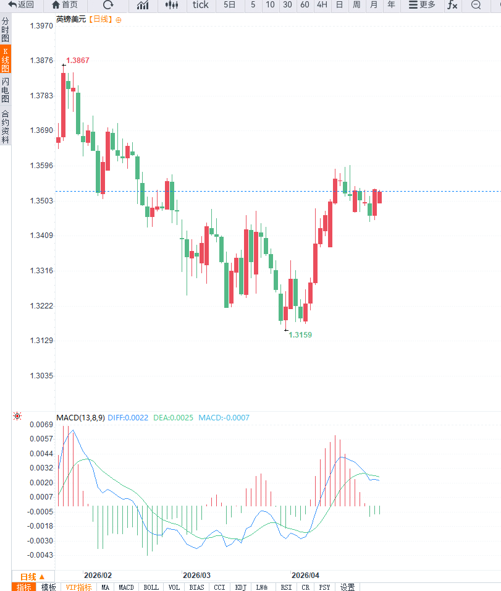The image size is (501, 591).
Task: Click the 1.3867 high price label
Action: [78, 61]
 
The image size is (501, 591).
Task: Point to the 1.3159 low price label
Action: [300, 334]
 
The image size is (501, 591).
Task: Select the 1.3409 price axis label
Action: [41, 236]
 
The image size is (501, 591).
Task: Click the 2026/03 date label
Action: [197, 575]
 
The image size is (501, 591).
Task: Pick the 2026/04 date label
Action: [306, 575]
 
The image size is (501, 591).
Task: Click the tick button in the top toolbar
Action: [201, 5]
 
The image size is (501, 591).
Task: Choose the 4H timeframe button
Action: [322, 5]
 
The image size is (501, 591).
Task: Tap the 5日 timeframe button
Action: [229, 5]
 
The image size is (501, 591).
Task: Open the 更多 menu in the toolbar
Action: [422, 5]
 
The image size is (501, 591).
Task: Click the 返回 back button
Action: [21, 5]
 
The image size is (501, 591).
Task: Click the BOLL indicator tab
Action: [151, 587]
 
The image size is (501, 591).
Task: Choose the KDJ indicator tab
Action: [241, 587]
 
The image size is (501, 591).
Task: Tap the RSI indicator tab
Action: [286, 587]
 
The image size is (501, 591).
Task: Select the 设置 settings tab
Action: [348, 587]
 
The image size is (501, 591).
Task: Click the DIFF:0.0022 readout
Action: [128, 418]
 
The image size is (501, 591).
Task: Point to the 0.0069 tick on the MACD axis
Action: [41, 425]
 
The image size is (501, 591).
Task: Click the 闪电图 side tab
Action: [6, 90]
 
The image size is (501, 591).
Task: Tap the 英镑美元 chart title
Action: [70, 19]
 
